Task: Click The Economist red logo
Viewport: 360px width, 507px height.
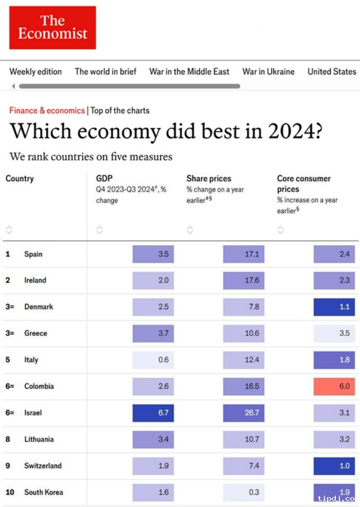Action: click(52, 27)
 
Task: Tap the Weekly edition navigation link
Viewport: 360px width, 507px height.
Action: click(35, 72)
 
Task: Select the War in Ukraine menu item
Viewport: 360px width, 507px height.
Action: click(268, 72)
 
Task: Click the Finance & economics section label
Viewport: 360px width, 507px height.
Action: click(47, 110)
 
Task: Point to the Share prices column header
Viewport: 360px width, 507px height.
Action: click(208, 179)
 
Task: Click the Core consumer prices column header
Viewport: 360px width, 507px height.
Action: click(303, 184)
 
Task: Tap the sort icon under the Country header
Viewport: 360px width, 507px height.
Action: click(9, 230)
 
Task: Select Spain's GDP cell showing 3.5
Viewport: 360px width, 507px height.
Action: click(153, 254)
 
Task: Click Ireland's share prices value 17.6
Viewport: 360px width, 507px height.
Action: click(244, 281)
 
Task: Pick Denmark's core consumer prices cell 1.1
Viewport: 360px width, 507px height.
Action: click(334, 307)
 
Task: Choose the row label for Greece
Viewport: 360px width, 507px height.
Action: click(35, 333)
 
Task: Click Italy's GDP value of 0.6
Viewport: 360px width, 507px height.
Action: click(153, 360)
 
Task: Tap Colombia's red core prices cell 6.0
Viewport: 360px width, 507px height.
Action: click(334, 386)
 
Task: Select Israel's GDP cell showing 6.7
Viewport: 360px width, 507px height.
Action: click(153, 413)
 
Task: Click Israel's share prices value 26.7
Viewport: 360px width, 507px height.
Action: click(244, 413)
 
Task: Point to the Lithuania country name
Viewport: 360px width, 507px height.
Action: click(39, 439)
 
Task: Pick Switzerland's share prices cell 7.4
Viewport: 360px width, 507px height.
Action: click(244, 466)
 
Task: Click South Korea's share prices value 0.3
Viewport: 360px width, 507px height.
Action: click(244, 492)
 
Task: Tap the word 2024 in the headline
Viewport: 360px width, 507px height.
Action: click(294, 132)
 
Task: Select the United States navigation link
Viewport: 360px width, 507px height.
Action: click(332, 72)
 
